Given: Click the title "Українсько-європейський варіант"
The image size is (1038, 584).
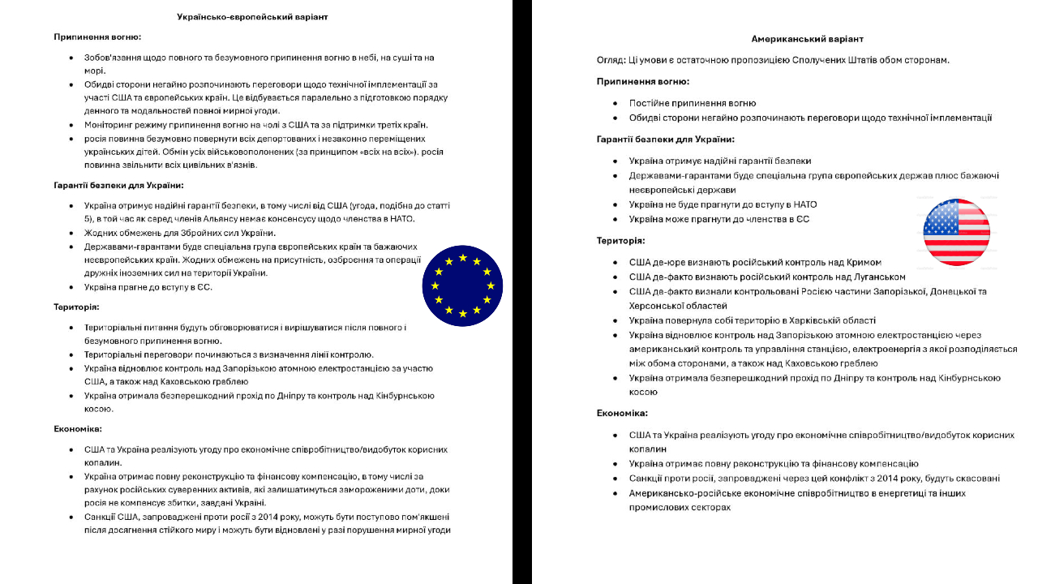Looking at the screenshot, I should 252,16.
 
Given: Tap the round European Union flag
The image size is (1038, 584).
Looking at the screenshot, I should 462,286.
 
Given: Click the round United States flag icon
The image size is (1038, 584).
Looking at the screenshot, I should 957,232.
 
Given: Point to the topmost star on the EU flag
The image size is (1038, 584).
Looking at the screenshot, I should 463,258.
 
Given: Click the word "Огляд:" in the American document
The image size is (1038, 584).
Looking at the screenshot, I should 611,60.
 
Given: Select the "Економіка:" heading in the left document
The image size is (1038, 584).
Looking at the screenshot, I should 78,429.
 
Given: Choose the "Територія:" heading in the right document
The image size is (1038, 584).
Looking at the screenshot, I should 621,241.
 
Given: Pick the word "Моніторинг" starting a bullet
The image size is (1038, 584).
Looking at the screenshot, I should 111,125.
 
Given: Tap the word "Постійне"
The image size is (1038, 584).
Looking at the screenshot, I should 649,103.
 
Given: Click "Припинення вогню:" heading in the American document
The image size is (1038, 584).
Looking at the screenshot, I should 643,82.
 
